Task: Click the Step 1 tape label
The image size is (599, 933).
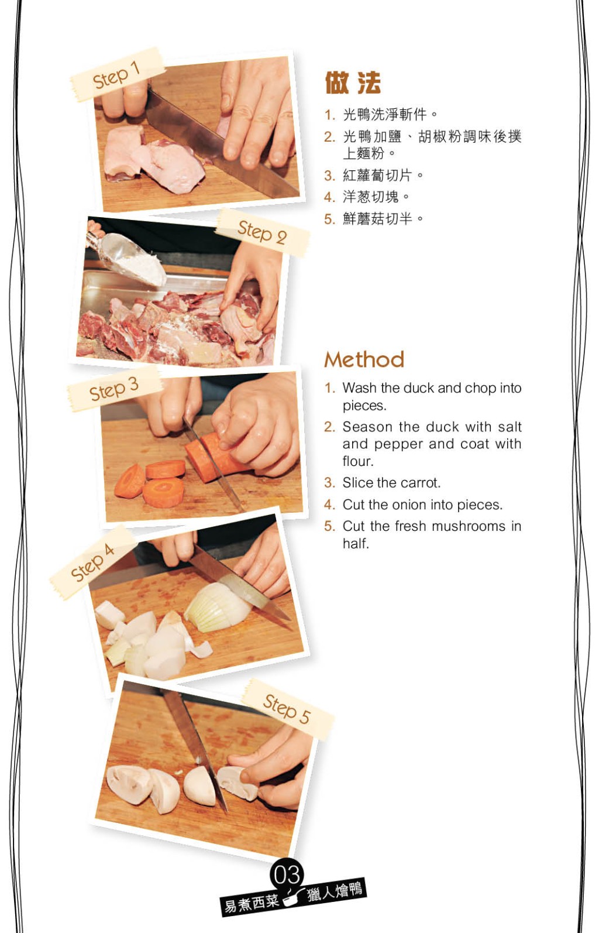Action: click(x=116, y=75)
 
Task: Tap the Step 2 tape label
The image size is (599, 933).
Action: click(x=262, y=232)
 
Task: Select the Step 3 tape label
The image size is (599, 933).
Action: click(x=114, y=389)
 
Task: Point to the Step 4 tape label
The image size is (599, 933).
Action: click(x=92, y=562)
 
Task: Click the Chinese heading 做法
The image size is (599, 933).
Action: click(x=353, y=83)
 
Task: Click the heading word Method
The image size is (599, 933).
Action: click(x=364, y=359)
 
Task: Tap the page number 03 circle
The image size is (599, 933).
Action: click(x=287, y=873)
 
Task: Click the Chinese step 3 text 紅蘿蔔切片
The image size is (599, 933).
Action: click(x=377, y=176)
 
